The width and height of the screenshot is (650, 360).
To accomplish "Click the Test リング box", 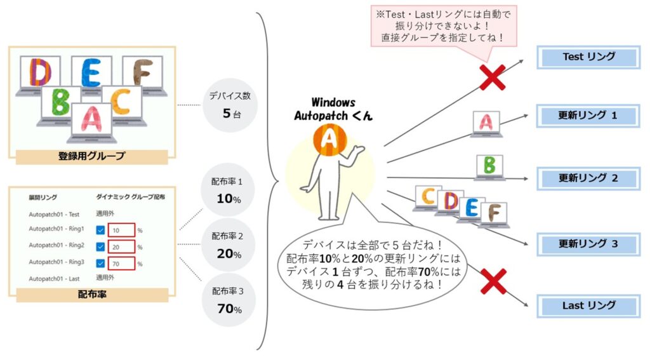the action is coord(588,57).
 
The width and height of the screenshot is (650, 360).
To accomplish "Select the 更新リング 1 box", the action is coord(588,116).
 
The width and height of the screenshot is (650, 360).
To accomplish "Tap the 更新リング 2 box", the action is coord(588,178).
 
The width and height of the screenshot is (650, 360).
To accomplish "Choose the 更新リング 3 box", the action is coord(588,244).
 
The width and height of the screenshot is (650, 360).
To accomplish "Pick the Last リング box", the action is coord(588,306).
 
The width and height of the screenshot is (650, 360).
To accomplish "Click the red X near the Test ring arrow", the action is coord(493,77).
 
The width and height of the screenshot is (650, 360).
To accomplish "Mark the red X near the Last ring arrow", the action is coord(493,281).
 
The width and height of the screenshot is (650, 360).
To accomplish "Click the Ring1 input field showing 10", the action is coord(121,230).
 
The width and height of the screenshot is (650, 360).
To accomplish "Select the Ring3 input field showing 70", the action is coord(121,263).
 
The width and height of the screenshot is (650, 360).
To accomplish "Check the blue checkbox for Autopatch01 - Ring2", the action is coord(100,247).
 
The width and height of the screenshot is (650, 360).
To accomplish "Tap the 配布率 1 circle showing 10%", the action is coord(227,190).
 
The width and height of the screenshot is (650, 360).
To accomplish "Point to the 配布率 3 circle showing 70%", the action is coord(229,300).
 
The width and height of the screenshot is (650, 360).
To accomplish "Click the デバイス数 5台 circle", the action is coord(230,105).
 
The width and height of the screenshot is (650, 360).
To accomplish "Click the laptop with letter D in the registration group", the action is coord(39,75).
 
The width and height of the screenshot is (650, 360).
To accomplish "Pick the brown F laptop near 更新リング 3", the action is coord(494,215).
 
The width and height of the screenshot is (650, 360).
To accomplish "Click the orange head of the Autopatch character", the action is coord(329,138).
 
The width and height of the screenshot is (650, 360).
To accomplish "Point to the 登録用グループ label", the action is coord(91,156).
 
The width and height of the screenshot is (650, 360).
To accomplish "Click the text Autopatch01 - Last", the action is coord(54,279).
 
